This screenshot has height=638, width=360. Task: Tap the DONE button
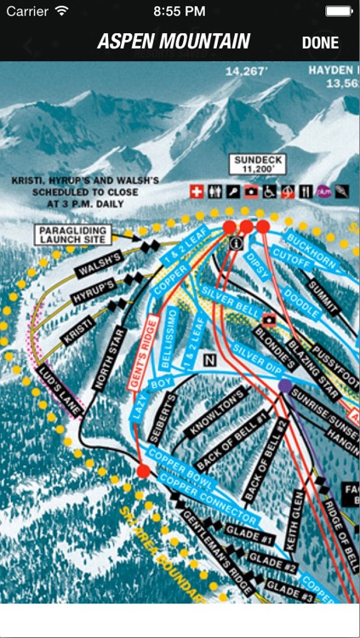coord(320,43)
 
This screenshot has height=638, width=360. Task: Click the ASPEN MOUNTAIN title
coord(174,42)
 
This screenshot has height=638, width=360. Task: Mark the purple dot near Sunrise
coord(284,385)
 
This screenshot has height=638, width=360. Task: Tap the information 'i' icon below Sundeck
coord(234,242)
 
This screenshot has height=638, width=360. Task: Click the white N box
coord(209,359)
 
